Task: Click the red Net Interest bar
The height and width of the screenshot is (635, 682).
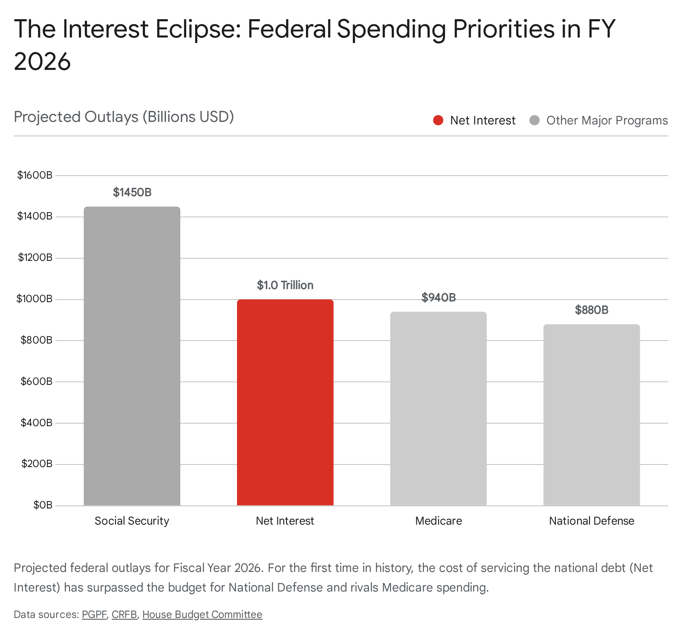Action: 285,402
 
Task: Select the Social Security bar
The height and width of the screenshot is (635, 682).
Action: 132,356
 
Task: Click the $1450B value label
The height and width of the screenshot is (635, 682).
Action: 132,193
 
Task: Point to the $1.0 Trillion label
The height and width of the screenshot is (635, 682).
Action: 285,285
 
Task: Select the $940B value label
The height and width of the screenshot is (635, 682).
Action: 438,297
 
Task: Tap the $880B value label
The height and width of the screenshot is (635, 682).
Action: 592,310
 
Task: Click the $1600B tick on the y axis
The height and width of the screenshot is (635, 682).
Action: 35,175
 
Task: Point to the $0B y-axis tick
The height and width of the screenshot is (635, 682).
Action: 43,505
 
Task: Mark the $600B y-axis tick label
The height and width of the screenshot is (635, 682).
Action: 36,381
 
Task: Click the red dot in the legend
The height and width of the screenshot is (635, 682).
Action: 438,121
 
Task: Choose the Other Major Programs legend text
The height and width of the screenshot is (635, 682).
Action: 607,121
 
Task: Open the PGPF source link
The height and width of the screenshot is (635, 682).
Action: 94,615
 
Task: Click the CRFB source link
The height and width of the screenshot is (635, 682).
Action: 124,615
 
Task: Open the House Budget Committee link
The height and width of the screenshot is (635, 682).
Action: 202,615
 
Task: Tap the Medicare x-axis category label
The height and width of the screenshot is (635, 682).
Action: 438,521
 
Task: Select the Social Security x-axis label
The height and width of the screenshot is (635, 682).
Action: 132,521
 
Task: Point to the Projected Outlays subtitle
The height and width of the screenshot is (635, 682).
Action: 124,117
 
